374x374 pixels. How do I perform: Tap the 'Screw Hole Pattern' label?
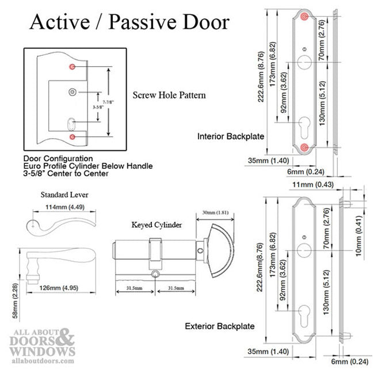169,94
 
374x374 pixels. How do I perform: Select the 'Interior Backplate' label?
231,136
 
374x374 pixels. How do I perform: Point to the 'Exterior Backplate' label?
220,326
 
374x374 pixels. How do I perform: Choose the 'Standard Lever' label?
64,194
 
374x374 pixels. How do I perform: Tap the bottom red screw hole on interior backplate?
304,148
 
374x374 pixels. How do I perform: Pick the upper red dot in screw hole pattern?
72,67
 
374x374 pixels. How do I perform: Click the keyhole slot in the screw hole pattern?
72,123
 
